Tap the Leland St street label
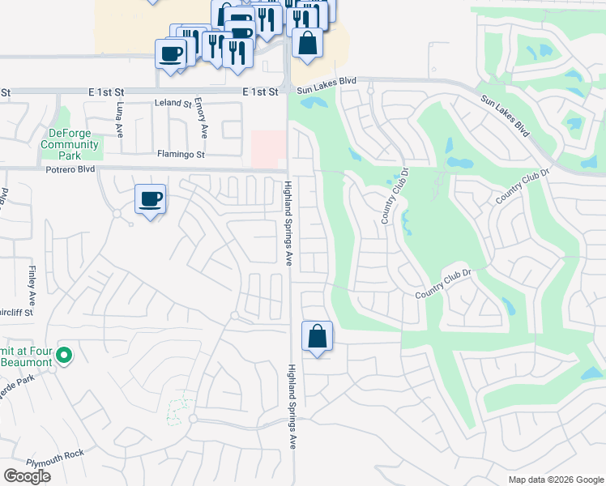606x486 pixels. [x=173, y=104]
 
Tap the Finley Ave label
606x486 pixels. [x=32, y=279]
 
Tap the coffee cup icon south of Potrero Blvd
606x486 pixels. [x=150, y=198]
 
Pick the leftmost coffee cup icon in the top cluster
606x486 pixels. [x=171, y=54]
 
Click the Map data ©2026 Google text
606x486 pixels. [x=555, y=480]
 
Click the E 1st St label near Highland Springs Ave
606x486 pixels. [x=260, y=92]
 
